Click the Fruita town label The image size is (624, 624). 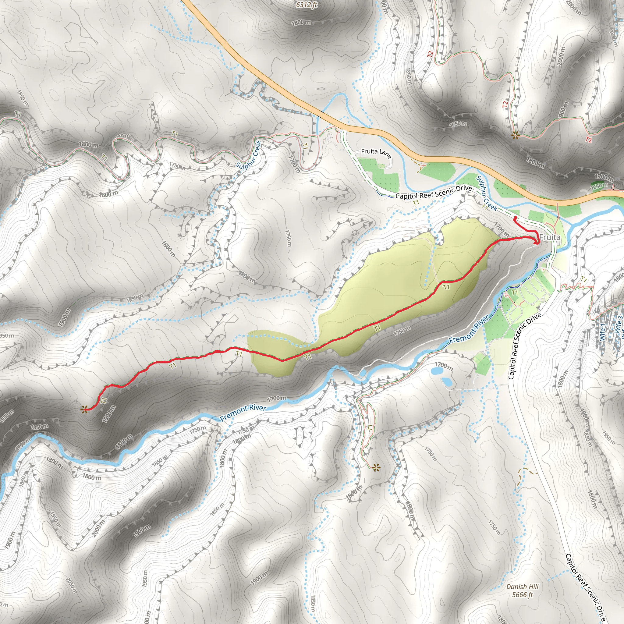point(550,237)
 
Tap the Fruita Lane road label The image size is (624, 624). point(376,153)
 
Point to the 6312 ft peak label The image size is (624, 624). point(307,5)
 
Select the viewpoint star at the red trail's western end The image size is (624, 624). point(84,410)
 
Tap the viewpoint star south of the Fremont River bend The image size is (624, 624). point(376,467)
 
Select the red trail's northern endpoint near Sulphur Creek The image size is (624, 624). point(515,219)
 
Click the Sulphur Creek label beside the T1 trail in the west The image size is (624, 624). point(248,155)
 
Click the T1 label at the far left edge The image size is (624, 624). point(18,114)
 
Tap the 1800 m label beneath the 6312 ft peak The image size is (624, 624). point(301,23)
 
